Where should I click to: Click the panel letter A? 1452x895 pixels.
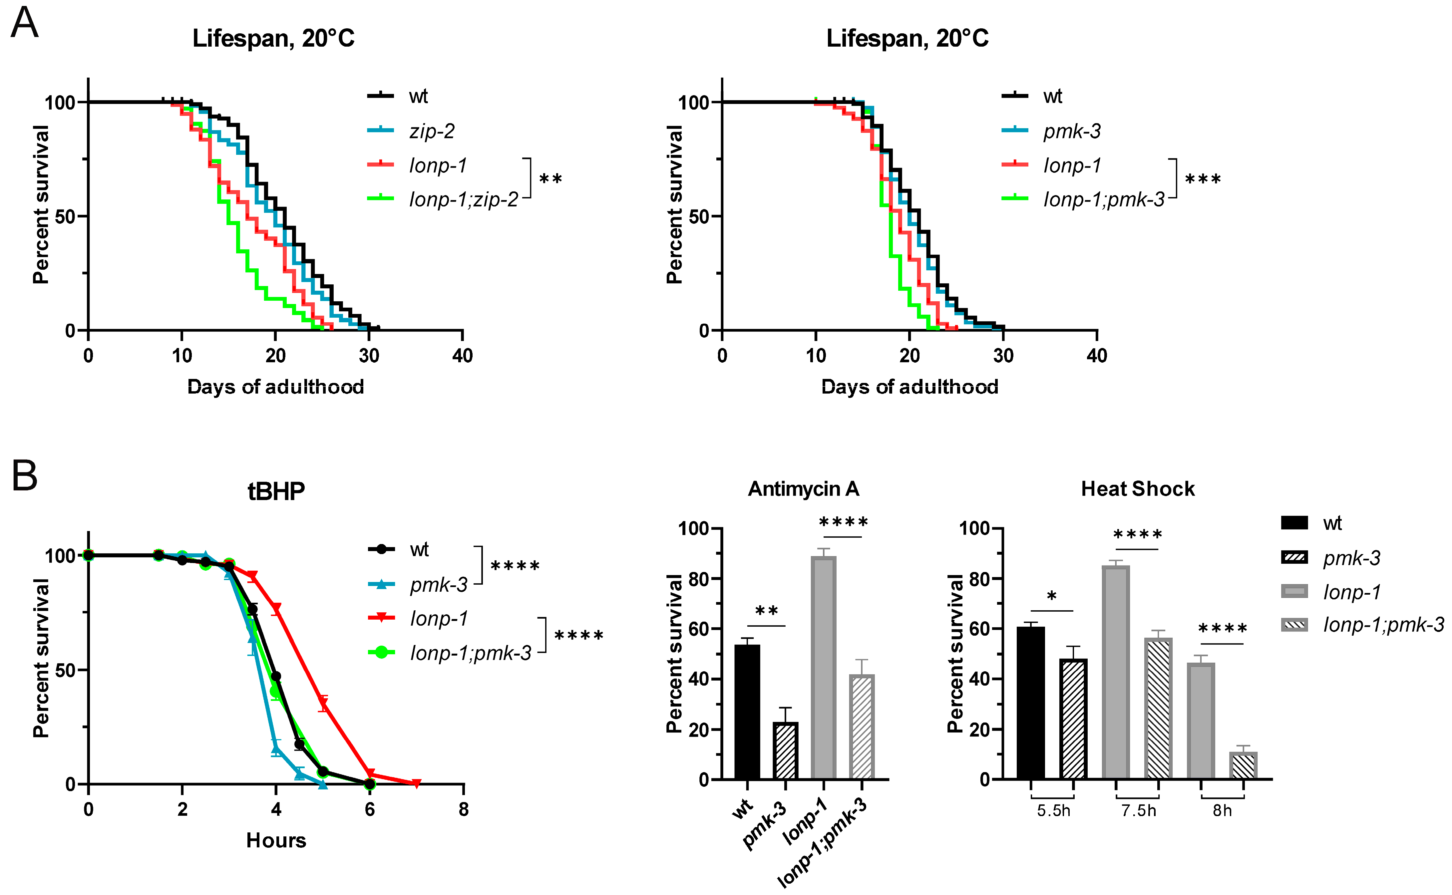(x=24, y=24)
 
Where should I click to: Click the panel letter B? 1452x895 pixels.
(x=24, y=476)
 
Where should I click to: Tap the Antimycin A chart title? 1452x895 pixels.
(x=803, y=489)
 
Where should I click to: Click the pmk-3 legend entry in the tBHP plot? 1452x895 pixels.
(x=438, y=585)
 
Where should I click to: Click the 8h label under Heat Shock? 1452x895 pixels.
(x=1222, y=810)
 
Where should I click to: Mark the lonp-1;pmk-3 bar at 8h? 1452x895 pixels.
(x=1243, y=765)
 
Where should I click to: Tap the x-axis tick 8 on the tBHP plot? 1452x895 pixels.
(x=464, y=809)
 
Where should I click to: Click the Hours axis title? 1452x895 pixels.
(x=276, y=840)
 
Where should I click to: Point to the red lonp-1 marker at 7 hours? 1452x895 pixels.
(x=416, y=784)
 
